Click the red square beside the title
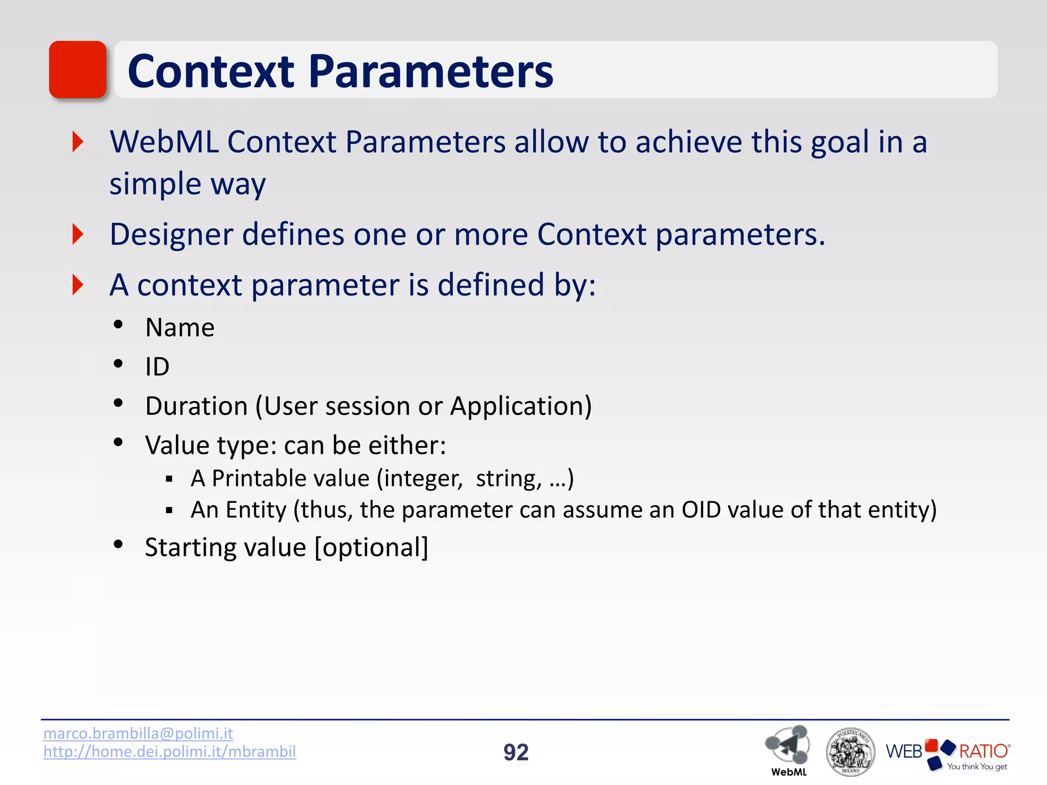77,70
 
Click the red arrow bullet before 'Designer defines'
78,234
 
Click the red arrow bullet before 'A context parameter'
78,285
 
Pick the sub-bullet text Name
179,328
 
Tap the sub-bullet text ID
157,367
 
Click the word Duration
196,406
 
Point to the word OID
701,510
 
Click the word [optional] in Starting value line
371,548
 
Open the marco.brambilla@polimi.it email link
138,733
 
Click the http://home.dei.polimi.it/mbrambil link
169,751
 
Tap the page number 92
515,752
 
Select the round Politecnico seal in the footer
850,752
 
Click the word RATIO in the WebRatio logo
983,751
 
